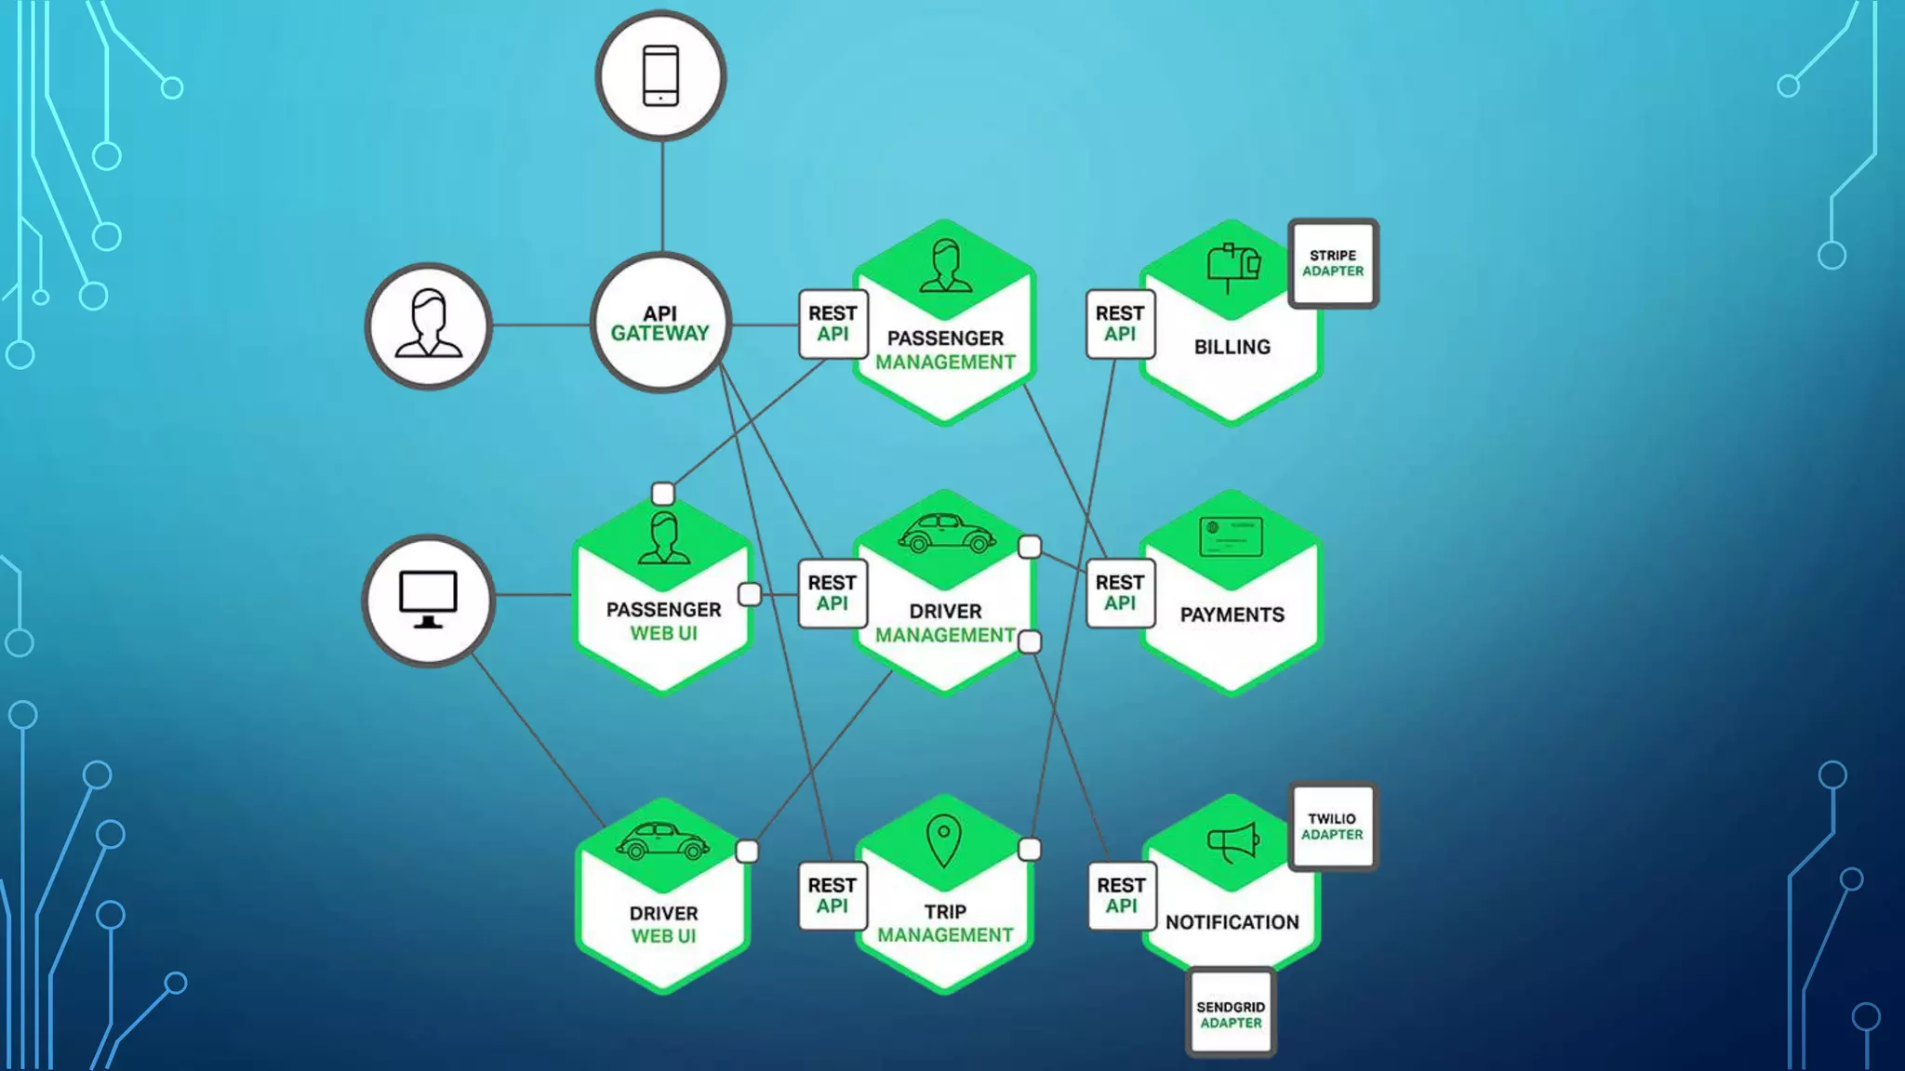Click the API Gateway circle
tap(660, 324)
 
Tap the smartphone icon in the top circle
tap(660, 75)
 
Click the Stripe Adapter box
tap(1333, 263)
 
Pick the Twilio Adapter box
tap(1332, 826)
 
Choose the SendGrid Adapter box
tap(1231, 1014)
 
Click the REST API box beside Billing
tap(1120, 324)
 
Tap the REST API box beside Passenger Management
tap(833, 324)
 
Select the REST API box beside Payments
tap(1120, 593)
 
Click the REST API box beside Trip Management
tap(833, 895)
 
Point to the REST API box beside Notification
tap(1121, 895)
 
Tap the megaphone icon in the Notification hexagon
tap(1232, 842)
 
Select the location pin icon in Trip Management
tap(943, 840)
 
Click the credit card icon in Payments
tap(1231, 536)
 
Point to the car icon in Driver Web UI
tap(662, 840)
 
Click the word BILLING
tap(1232, 347)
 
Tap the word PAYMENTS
tap(1232, 615)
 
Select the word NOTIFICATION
tap(1232, 922)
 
